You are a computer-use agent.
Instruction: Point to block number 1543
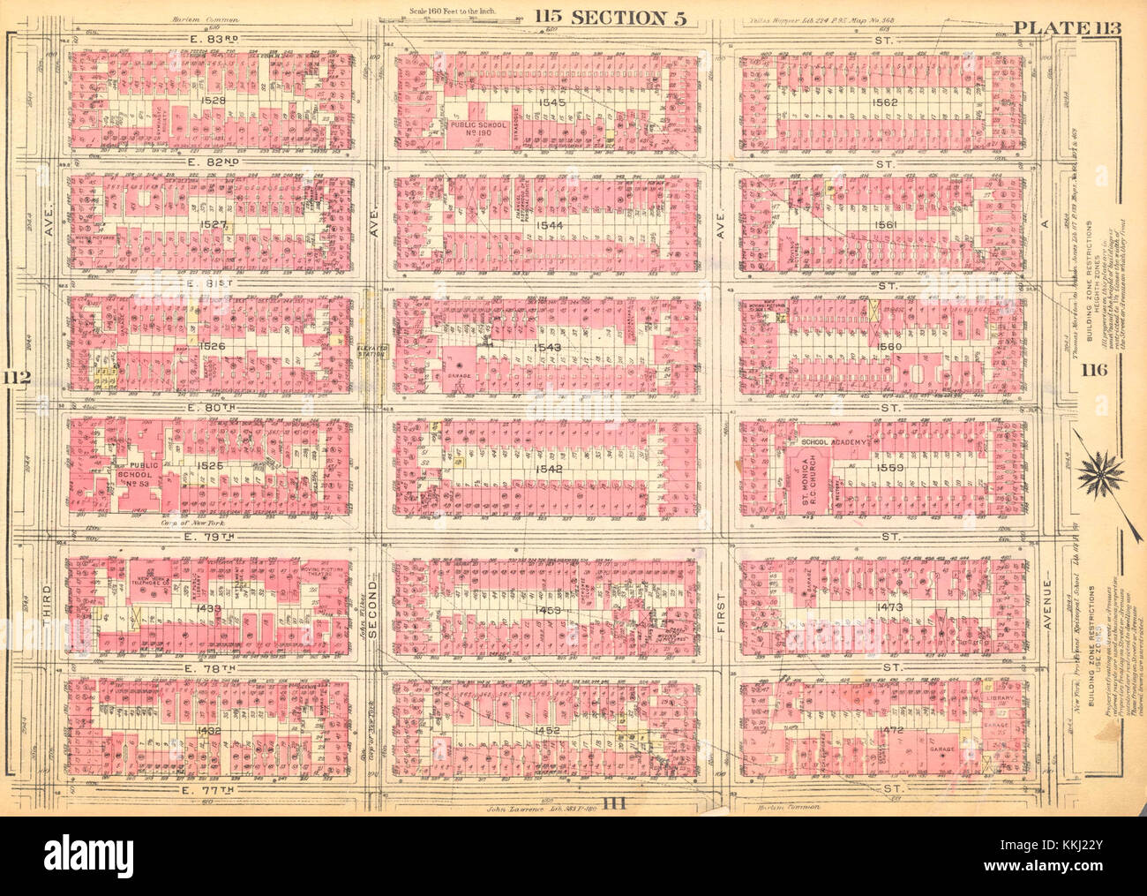(547, 347)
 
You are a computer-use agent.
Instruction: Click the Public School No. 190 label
(480, 130)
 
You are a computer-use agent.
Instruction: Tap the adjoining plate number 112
(19, 379)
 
